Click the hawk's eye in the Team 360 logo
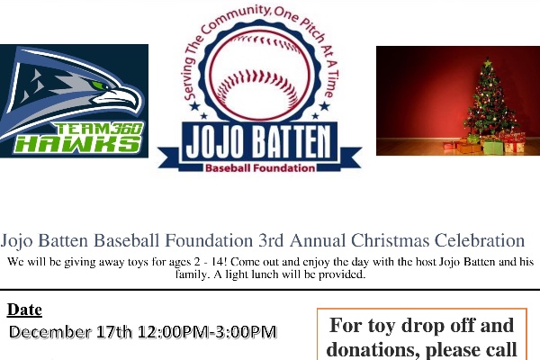[x=110, y=92]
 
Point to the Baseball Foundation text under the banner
[x=260, y=167]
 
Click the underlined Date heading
[x=24, y=310]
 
